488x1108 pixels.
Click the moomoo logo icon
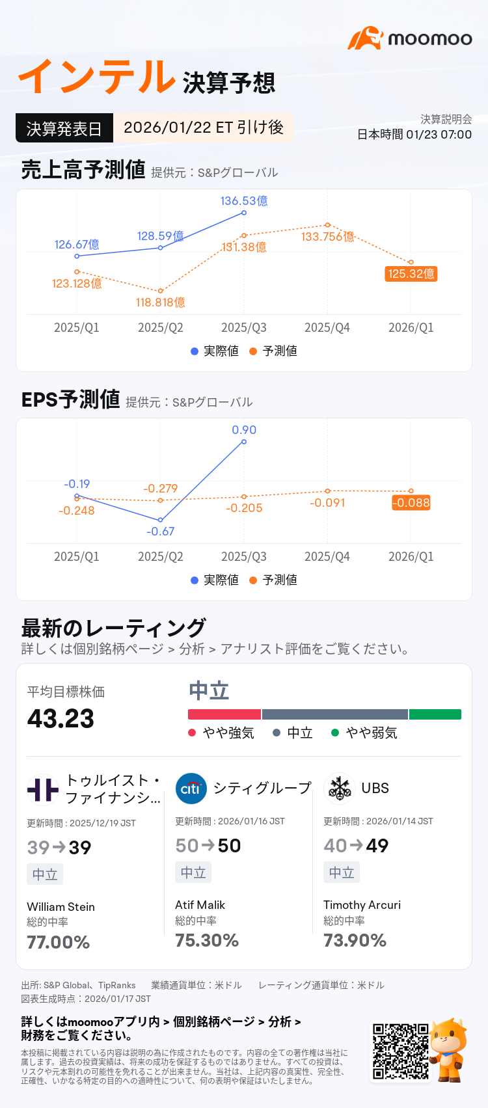(365, 38)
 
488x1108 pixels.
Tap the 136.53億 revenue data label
(244, 201)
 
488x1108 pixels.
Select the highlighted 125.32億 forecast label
(411, 273)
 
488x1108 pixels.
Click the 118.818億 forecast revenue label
(160, 303)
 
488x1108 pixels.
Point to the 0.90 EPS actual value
(244, 430)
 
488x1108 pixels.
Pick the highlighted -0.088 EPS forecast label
(411, 502)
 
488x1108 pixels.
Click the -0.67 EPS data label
(160, 532)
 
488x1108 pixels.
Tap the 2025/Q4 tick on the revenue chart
(327, 327)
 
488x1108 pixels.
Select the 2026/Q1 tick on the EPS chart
(411, 556)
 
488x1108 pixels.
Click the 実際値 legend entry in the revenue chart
(215, 351)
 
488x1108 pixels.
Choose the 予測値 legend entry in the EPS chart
(273, 580)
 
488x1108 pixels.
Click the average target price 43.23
(61, 718)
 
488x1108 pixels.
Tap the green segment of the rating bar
(435, 714)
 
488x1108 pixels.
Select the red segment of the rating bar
(224, 714)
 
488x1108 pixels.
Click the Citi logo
(191, 789)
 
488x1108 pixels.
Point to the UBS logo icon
(340, 789)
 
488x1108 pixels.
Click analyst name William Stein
(61, 907)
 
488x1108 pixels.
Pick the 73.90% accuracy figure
(355, 940)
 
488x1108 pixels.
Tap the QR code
(401, 1051)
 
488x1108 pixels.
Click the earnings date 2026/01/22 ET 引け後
(204, 128)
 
